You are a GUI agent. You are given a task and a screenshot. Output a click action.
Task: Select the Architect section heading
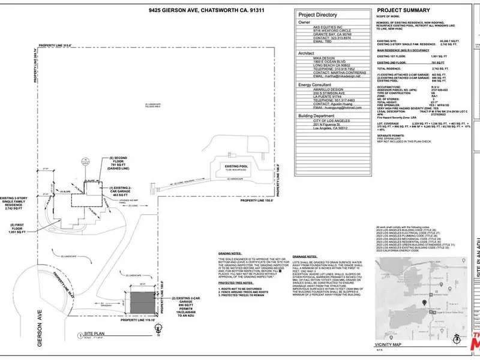point(307,53)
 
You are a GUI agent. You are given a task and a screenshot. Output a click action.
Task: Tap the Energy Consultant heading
point(315,86)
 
